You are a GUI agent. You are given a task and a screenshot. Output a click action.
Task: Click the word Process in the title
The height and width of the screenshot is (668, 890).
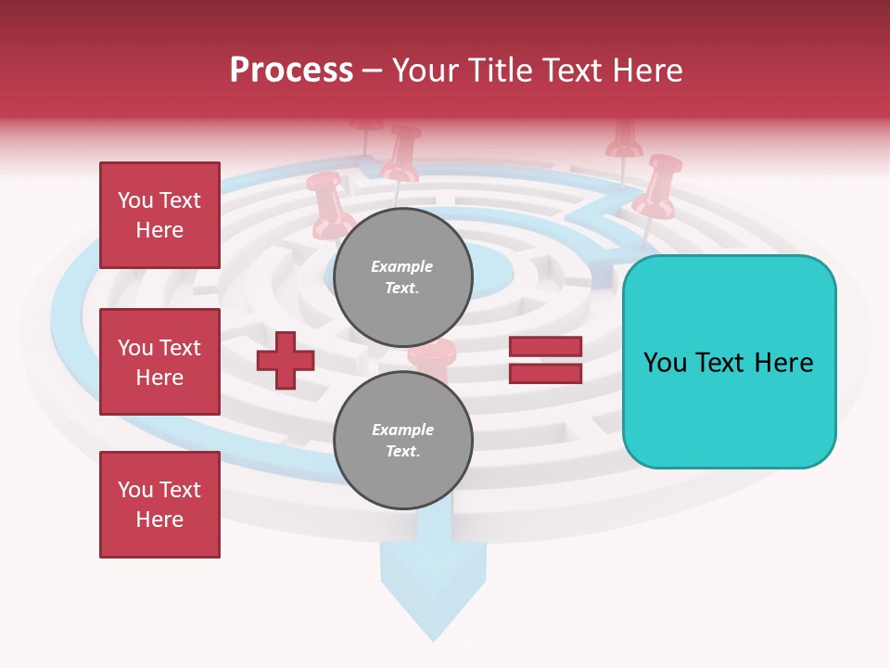[x=291, y=71]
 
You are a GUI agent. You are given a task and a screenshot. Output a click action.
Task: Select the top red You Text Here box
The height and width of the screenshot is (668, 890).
[x=159, y=215]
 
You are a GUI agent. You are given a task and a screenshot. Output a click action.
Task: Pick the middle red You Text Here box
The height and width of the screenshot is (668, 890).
[x=159, y=362]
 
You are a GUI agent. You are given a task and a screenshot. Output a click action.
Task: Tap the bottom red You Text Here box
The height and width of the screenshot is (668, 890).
[x=159, y=505]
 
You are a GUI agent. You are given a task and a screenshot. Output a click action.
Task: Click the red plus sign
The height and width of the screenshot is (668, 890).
[x=286, y=361]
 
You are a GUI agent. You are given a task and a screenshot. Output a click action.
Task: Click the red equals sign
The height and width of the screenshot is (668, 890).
[x=545, y=360]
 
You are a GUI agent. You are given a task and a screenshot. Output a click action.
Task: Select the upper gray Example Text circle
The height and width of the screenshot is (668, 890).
[x=403, y=277]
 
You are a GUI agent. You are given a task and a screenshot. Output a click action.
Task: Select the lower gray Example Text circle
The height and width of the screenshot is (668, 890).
[x=403, y=441]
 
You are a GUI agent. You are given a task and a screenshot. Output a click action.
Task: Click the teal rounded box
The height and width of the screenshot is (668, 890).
[x=729, y=362]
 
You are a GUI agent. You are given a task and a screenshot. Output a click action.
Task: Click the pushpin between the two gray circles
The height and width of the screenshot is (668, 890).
[x=432, y=356]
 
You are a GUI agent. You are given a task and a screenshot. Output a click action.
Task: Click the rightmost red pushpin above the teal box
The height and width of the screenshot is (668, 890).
[x=661, y=186]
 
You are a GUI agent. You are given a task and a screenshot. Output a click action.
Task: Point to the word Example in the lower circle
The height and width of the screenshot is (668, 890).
[x=402, y=430]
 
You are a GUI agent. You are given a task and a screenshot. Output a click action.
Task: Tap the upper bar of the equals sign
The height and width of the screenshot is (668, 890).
[x=545, y=347]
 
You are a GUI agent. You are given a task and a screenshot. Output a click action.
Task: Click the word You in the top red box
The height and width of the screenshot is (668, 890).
[x=135, y=200]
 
